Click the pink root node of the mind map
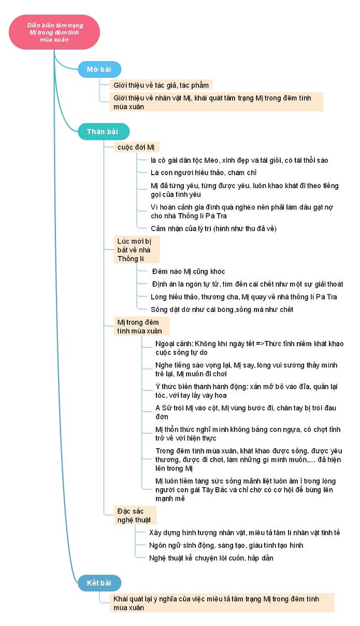pos(54,32)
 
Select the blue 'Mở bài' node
pos(99,69)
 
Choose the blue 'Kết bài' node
pos(99,583)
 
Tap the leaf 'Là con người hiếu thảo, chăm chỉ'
pos(204,173)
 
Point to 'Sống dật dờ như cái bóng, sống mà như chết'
pos(222,309)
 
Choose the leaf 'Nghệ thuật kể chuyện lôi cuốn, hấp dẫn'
pos(211,558)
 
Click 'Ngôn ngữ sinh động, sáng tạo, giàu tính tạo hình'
pos(226,545)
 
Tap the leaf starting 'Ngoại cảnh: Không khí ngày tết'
pos(249,348)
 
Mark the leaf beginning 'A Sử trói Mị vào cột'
pos(246,412)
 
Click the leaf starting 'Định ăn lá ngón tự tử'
pos(247,284)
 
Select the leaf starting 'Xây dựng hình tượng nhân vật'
pos(244,532)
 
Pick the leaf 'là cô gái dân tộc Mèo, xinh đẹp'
pos(239,160)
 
